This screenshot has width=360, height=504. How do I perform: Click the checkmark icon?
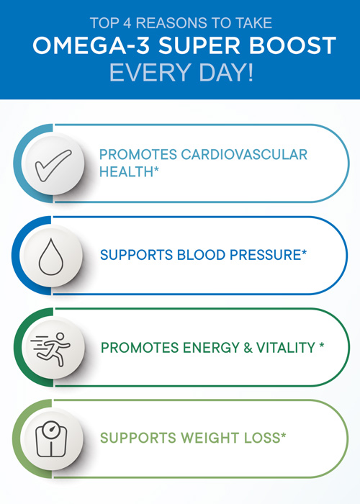click(x=53, y=165)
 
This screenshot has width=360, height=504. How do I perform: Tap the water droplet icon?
click(x=51, y=256)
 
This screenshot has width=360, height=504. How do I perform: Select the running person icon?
click(x=50, y=349)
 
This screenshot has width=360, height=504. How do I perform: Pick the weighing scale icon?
click(x=51, y=438)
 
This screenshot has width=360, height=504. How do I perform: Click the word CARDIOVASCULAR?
click(x=244, y=154)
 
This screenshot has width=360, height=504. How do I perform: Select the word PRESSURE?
click(x=265, y=255)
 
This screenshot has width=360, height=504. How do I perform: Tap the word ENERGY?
click(x=211, y=348)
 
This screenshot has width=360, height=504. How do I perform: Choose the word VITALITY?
click(x=285, y=348)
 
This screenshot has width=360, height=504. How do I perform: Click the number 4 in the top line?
click(x=127, y=23)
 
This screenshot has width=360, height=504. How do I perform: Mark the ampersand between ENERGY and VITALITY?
click(x=248, y=348)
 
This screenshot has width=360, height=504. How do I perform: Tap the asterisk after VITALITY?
click(x=321, y=345)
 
